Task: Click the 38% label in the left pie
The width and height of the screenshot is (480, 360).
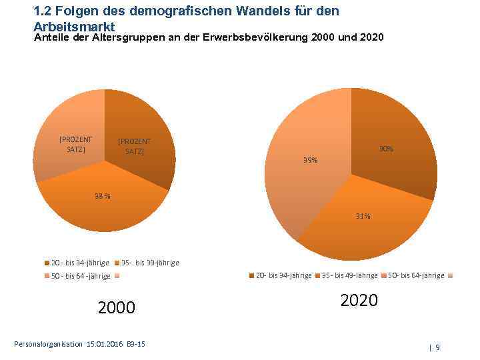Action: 103,196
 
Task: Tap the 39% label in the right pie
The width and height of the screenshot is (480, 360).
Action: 310,160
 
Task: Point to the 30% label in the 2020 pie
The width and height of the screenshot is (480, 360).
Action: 386,149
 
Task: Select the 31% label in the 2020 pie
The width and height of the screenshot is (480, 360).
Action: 363,216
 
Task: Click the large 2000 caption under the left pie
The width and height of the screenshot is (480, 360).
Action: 116,307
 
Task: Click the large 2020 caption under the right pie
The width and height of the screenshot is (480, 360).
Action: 359,301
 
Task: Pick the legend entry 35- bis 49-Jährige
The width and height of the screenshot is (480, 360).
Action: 349,275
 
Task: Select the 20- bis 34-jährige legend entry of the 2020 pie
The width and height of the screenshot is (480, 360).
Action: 284,275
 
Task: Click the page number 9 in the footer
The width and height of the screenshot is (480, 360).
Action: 438,347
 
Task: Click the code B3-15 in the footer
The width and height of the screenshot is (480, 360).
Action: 136,344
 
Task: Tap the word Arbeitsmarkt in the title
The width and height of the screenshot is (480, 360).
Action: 74,27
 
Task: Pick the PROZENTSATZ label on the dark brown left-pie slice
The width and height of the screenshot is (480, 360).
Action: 134,146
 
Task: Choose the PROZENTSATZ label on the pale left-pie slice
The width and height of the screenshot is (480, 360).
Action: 76,144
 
